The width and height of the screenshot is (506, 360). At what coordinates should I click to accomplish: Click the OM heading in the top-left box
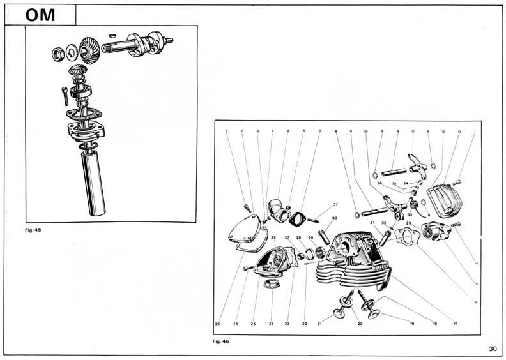tap(40, 15)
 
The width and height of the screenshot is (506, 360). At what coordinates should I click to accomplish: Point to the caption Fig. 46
tap(221, 341)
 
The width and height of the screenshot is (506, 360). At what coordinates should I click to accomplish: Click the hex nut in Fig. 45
tap(57, 50)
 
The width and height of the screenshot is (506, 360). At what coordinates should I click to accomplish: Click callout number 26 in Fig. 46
tap(218, 324)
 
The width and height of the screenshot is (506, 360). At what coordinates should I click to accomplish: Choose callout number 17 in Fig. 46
tap(456, 324)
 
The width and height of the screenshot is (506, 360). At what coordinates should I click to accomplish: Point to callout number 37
tap(335, 205)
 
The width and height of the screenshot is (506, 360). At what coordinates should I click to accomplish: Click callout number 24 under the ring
tap(272, 324)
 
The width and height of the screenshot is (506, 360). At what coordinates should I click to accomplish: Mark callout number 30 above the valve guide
tap(334, 218)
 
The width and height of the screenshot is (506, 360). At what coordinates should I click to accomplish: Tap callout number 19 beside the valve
tap(412, 324)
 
